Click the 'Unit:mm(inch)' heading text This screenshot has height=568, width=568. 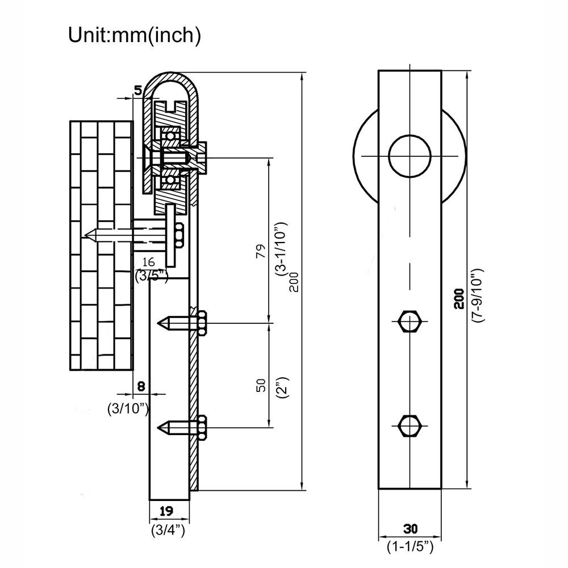click(135, 35)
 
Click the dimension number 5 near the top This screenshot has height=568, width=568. click(138, 90)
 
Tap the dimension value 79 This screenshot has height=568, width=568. click(261, 251)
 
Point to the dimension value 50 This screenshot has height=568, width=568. click(261, 385)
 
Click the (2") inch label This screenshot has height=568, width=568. click(283, 387)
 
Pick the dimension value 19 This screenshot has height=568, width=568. click(166, 511)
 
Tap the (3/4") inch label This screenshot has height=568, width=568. click(168, 531)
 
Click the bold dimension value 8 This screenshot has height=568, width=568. click(141, 386)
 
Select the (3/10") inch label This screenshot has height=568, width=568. click(128, 409)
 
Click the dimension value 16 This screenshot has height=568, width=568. click(148, 261)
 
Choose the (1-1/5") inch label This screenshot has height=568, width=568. click(410, 546)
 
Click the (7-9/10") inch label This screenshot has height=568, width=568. click(478, 295)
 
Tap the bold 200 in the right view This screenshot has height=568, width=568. click(460, 299)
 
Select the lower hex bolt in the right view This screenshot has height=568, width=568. click(410, 426)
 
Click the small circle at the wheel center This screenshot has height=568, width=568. click(410, 156)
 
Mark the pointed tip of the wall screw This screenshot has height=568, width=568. click(85, 236)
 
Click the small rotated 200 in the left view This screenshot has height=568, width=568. click(294, 282)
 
